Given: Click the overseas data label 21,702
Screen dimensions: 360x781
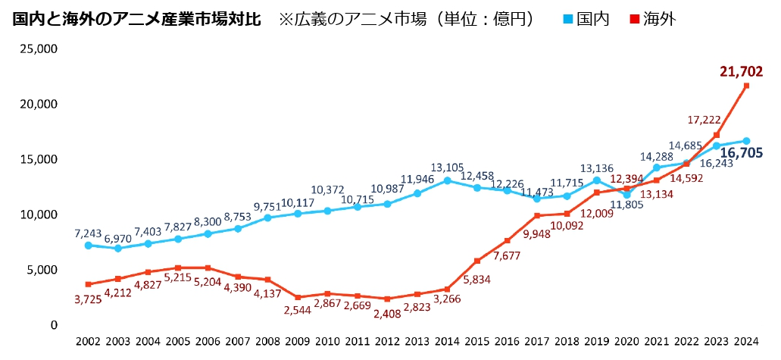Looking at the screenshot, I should (741, 73).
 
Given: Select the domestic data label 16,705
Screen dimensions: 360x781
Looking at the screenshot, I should (739, 153).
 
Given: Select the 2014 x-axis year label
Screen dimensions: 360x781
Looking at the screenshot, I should (447, 343).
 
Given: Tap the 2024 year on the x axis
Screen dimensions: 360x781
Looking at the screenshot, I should (746, 343).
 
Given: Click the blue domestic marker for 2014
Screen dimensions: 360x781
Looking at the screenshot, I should (447, 180).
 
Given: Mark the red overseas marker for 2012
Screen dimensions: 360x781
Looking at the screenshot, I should (387, 299).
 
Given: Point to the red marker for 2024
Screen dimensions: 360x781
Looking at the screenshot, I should (746, 86).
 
